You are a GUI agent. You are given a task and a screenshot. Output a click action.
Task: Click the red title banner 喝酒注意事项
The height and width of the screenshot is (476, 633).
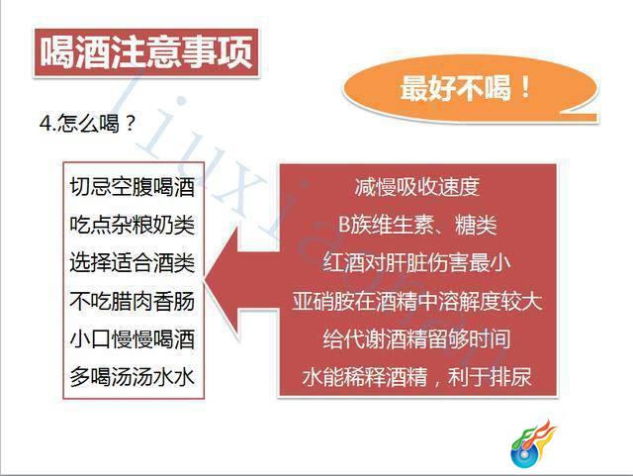tap(146, 52)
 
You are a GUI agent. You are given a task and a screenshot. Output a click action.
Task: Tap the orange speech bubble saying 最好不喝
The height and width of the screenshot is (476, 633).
tap(470, 88)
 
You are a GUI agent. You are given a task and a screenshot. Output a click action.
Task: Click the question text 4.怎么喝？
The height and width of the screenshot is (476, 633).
tap(88, 124)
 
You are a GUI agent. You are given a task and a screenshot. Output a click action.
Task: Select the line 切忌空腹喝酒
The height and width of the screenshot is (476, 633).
tap(133, 187)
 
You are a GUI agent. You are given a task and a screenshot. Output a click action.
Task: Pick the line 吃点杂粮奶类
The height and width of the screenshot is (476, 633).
tap(133, 225)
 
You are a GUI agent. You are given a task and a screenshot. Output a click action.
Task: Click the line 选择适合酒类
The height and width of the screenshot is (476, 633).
tap(133, 262)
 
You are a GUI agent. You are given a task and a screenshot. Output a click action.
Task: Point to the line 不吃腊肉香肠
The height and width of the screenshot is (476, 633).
tap(133, 302)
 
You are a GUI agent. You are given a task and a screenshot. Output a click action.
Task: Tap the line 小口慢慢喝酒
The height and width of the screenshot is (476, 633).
tap(133, 339)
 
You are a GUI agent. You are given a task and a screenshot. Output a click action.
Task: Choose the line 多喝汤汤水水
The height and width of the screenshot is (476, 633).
tap(133, 377)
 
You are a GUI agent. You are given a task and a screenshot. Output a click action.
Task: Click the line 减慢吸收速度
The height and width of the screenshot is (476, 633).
tap(417, 187)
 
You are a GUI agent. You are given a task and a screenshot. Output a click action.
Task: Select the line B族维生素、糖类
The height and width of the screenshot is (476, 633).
tap(417, 225)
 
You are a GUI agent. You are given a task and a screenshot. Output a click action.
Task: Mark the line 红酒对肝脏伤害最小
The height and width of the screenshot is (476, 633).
tap(417, 262)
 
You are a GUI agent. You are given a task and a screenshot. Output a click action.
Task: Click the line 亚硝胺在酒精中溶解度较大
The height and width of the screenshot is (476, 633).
tap(417, 302)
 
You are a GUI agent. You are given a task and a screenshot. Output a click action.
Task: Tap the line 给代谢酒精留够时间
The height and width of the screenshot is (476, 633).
tap(417, 339)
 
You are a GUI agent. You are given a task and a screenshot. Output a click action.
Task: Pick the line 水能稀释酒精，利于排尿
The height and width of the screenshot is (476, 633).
tap(417, 377)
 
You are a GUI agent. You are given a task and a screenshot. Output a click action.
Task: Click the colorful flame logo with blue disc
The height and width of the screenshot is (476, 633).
tap(533, 443)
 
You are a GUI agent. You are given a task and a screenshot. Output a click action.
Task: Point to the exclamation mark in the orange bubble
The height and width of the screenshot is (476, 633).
tap(525, 87)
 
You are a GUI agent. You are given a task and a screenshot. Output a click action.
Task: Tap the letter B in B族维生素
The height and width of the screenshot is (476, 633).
tap(344, 225)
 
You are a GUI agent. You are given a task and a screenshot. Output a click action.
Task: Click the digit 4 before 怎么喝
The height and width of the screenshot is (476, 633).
tap(45, 124)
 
